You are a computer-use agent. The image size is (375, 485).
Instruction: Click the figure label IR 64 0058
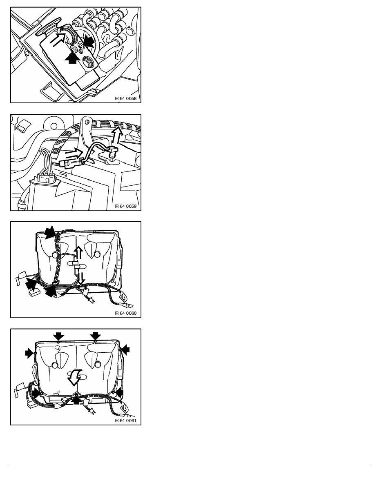(126, 99)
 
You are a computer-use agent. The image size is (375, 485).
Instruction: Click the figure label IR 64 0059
(126, 206)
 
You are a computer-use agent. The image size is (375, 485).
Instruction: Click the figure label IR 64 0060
(126, 314)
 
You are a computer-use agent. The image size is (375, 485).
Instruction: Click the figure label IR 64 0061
(126, 420)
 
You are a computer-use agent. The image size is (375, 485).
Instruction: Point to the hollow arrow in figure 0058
(58, 40)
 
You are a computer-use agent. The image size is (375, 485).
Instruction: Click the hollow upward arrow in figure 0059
(117, 136)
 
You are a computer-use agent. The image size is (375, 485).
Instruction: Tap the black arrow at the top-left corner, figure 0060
(50, 232)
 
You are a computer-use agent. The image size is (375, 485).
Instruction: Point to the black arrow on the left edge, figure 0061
(30, 353)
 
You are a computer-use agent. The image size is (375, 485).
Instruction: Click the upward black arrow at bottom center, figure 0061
(77, 400)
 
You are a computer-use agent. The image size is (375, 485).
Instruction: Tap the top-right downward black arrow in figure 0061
(96, 336)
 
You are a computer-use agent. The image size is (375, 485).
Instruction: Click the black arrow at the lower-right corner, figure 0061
(118, 393)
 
